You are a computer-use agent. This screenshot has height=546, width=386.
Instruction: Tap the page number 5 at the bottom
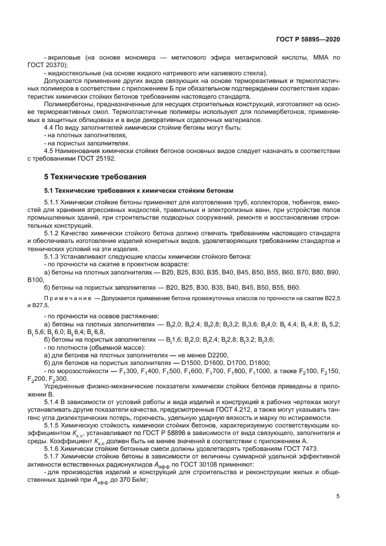tap(338, 497)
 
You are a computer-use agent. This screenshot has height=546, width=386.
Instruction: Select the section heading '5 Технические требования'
tap(89, 176)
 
